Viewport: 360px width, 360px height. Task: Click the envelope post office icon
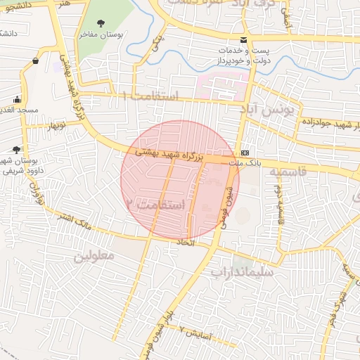[x=243, y=39]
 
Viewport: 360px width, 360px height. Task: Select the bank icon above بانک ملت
[x=245, y=153]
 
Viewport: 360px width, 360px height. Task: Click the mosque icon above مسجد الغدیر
[x=18, y=99]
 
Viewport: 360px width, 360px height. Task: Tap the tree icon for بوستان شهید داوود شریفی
[x=16, y=149]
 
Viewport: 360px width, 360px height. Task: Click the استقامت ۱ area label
[x=150, y=95]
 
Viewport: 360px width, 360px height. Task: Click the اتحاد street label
[x=201, y=242]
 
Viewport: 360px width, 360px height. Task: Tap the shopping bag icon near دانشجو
[x=34, y=61]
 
